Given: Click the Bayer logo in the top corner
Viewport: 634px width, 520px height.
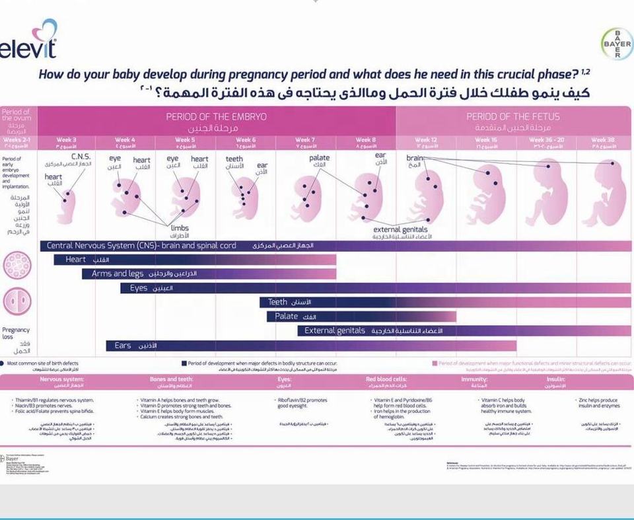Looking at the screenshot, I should tap(616, 45).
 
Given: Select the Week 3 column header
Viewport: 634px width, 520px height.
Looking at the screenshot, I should tap(67, 140).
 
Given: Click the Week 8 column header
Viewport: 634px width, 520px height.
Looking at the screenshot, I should tap(365, 140).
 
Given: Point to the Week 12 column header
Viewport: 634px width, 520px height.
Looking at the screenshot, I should tap(425, 140).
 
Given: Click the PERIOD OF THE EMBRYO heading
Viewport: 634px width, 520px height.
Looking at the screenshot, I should tap(216, 116).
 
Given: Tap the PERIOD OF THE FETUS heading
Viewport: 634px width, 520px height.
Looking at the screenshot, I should tap(512, 116).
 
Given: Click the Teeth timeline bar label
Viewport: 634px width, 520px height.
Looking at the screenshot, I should tap(277, 302).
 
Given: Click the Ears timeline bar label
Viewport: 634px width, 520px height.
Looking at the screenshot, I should tap(123, 346).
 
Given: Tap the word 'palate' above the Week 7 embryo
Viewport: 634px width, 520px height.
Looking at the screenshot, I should tap(319, 158).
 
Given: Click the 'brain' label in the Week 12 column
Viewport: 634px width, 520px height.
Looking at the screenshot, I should tap(414, 159).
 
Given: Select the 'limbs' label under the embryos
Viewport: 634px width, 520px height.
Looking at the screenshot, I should tap(180, 228).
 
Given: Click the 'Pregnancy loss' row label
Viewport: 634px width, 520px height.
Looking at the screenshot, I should tap(16, 333).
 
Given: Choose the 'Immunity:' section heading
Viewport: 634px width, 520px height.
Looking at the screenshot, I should tap(474, 379).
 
